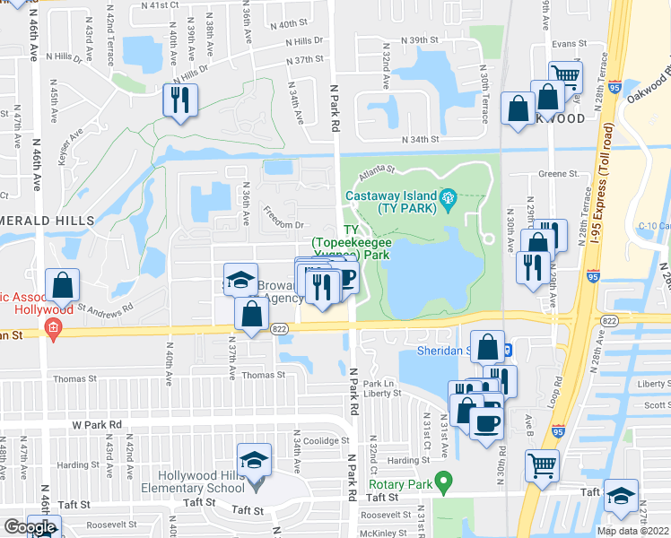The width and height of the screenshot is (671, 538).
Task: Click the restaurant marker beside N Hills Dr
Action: (x=180, y=100)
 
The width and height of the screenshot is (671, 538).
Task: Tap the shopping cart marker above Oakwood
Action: (x=565, y=77)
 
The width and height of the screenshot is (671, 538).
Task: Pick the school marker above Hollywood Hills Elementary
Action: (x=255, y=460)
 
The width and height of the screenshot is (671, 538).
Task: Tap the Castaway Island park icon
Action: (x=449, y=197)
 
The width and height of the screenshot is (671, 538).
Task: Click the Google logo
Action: (x=30, y=527)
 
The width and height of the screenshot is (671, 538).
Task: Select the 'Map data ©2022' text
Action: (x=633, y=531)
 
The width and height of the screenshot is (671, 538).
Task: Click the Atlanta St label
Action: (x=378, y=169)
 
